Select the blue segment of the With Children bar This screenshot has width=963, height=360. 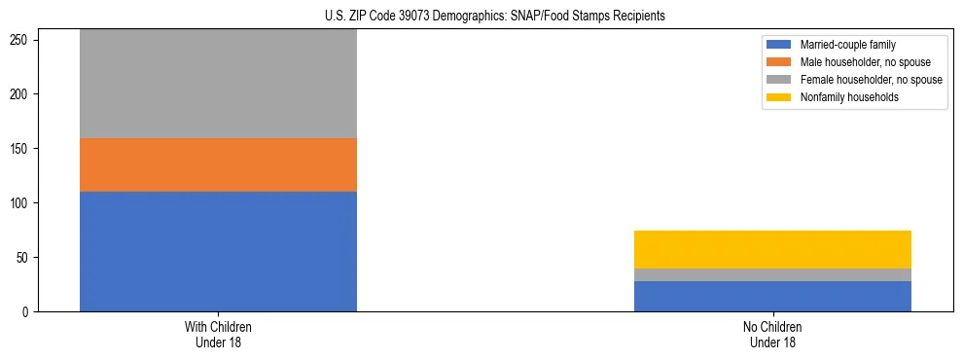[218, 251]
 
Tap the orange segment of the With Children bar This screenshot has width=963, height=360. [218, 164]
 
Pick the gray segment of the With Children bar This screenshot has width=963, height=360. [218, 84]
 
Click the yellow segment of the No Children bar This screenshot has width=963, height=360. [772, 249]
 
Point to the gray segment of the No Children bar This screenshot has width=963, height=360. [772, 274]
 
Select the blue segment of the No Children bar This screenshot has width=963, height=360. [772, 296]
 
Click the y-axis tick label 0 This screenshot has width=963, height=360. [27, 312]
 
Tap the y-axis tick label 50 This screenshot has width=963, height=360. [24, 258]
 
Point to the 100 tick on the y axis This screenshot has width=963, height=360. [21, 203]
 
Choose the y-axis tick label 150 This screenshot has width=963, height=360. [21, 149]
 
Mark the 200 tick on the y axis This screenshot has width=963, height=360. [21, 94]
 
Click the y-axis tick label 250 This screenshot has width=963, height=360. [21, 40]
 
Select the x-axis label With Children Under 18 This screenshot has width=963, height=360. [218, 335]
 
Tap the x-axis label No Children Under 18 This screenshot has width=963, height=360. [772, 335]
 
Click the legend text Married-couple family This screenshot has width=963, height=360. [847, 45]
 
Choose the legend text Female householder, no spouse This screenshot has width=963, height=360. [871, 80]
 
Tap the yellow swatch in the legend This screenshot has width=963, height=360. [780, 97]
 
